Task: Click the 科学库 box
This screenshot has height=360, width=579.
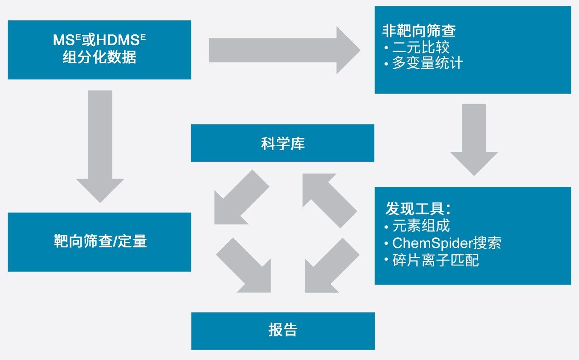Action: (x=282, y=143)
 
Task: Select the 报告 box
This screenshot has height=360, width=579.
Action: (x=283, y=330)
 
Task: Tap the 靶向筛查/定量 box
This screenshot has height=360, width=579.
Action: (x=100, y=242)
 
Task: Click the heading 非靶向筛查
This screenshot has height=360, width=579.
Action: (x=419, y=31)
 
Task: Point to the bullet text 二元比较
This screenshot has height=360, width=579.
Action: (x=421, y=47)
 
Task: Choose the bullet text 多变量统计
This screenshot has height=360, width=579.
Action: (x=427, y=63)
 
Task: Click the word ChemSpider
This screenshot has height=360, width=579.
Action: (x=432, y=243)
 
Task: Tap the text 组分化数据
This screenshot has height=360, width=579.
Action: (x=100, y=58)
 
